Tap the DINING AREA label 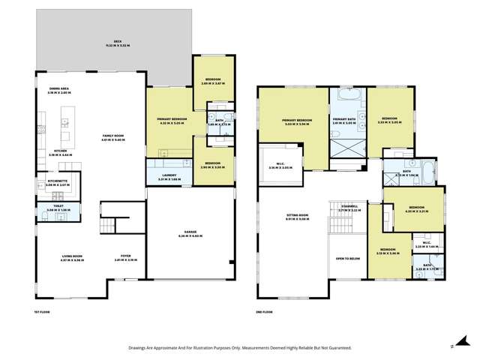coord(58,91)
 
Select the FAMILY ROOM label coord(112,138)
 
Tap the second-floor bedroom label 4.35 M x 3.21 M coord(414,209)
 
